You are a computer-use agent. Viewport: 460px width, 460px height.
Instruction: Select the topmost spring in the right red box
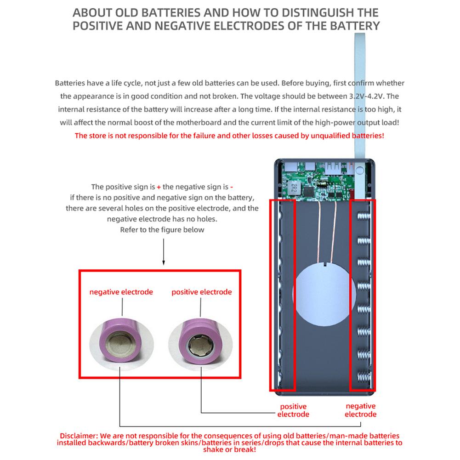(x=363, y=216)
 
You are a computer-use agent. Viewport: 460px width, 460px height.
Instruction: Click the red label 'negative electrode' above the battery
(x=121, y=292)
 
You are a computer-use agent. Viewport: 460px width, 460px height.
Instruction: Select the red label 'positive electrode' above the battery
(x=201, y=292)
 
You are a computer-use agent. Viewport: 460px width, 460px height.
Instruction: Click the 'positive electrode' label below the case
(x=293, y=410)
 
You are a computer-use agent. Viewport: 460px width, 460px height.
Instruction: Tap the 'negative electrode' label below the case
(x=360, y=410)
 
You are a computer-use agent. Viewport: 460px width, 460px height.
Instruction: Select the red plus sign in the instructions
(x=159, y=187)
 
